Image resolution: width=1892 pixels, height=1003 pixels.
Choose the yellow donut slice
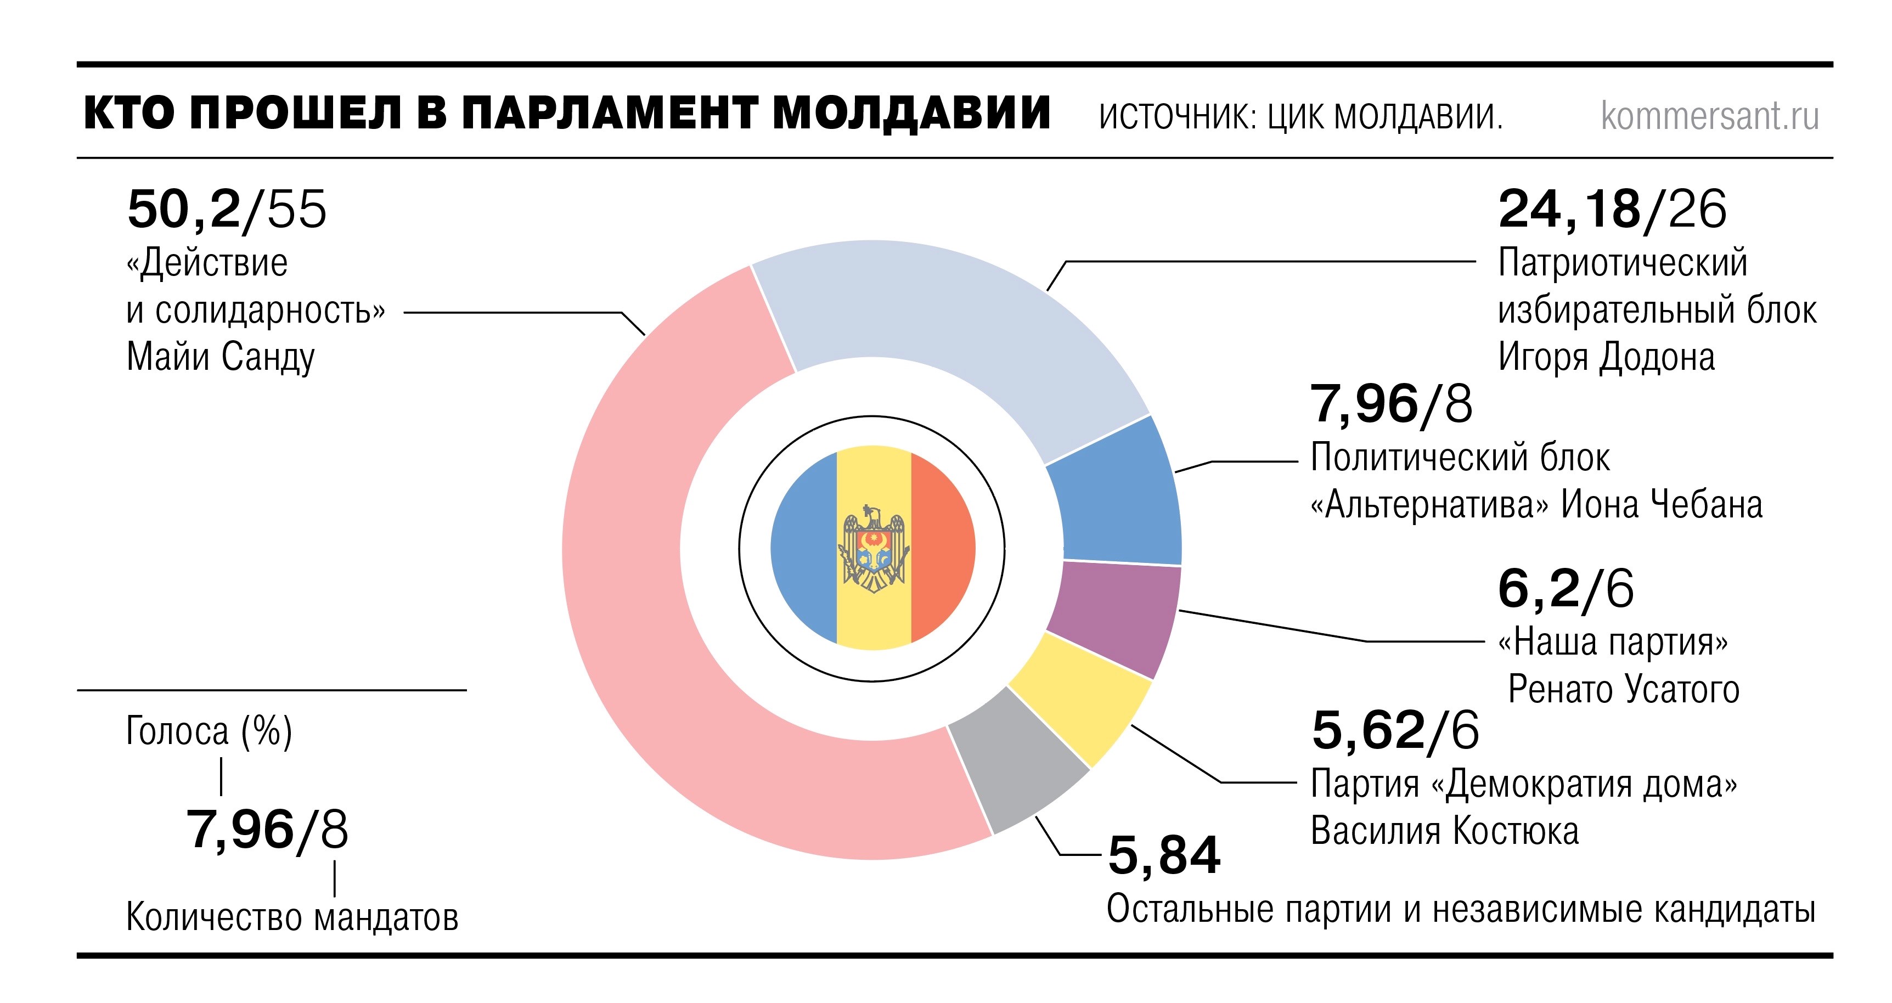pyautogui.click(x=1076, y=697)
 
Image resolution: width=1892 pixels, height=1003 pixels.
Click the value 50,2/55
pyautogui.click(x=226, y=209)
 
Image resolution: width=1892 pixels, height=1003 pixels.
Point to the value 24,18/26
pyautogui.click(x=1612, y=209)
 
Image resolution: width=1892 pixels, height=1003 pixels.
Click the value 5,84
pyautogui.click(x=1164, y=855)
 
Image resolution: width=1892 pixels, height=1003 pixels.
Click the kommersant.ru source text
pyautogui.click(x=1709, y=116)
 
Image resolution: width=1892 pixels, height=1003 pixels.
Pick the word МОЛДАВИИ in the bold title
pyautogui.click(x=911, y=114)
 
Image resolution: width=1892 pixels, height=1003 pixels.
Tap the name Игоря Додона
pyautogui.click(x=1606, y=358)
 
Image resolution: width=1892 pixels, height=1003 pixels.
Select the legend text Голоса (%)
pyautogui.click(x=209, y=731)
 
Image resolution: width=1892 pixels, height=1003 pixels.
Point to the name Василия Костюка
pyautogui.click(x=1445, y=831)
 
